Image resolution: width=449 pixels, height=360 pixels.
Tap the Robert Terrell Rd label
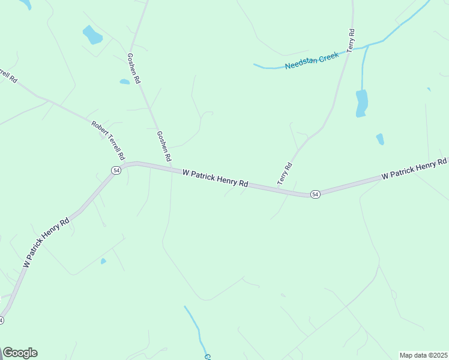click(108, 140)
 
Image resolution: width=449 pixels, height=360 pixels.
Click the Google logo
click(20, 353)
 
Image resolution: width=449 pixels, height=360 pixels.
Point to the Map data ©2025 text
click(423, 355)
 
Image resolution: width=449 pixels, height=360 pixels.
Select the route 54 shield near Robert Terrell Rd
click(116, 170)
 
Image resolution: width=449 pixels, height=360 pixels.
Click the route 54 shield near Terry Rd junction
click(315, 194)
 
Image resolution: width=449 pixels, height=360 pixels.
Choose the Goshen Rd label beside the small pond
click(134, 67)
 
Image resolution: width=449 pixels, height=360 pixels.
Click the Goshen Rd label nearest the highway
click(164, 146)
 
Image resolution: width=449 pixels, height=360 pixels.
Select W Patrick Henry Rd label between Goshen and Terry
click(215, 178)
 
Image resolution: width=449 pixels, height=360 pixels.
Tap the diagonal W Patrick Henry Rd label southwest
click(46, 242)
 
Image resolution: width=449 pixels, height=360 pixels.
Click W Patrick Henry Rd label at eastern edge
click(414, 169)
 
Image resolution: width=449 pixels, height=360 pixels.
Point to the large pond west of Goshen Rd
click(92, 35)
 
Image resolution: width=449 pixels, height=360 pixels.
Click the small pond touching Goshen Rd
click(124, 82)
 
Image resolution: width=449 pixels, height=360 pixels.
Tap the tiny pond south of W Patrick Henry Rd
click(103, 261)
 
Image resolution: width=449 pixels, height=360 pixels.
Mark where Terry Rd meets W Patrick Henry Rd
click(278, 188)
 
